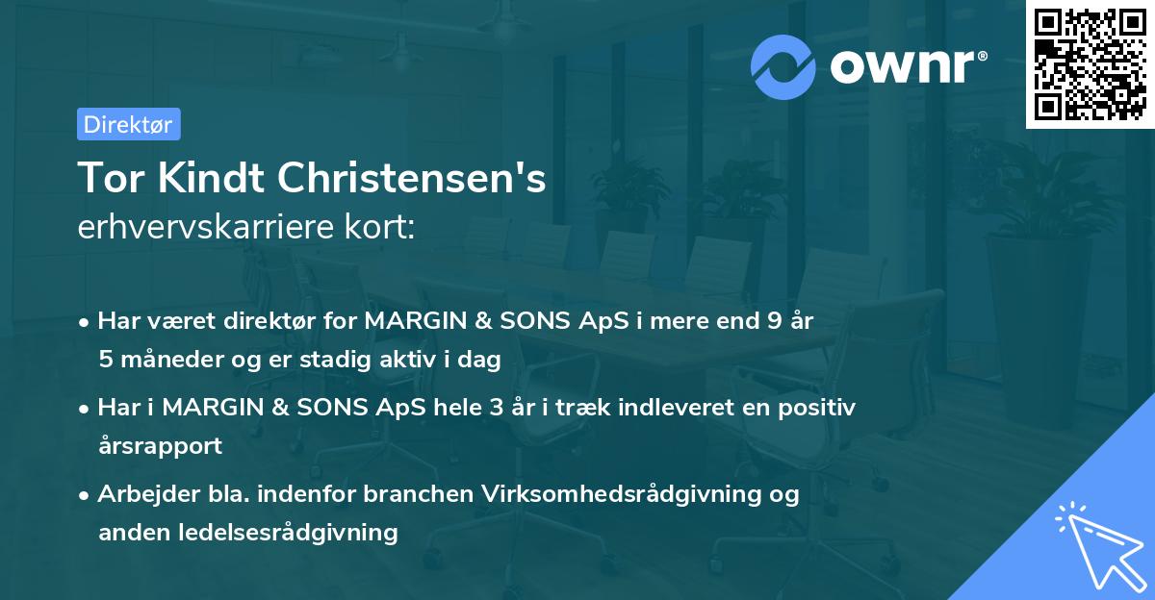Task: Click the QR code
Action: pos(1090,64)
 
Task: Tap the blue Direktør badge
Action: pos(128,124)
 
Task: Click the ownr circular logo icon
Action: pos(783,67)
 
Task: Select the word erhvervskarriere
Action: pos(201,229)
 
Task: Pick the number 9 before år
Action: pos(774,321)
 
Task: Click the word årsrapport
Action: pos(160,445)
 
